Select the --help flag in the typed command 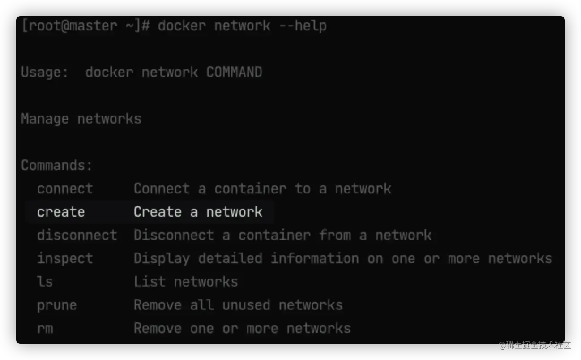pos(303,26)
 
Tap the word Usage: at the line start pos(45,72)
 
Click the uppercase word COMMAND pos(234,72)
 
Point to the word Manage pos(44,119)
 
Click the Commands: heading pos(56,165)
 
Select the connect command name pos(65,189)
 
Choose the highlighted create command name pos(61,212)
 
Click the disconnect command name pos(77,235)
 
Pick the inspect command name pos(65,258)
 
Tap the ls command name pos(45,282)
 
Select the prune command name pos(57,305)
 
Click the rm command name pos(45,328)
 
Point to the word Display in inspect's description pos(162,258)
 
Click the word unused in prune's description pos(246,305)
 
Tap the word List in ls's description pos(150,282)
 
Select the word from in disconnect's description pos(335,235)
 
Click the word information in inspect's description pos(315,258)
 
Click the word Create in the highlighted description pos(157,212)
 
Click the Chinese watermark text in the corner pos(534,344)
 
